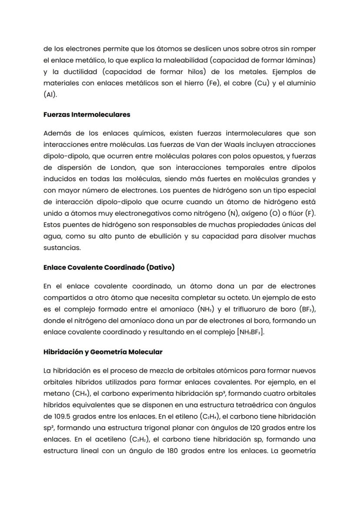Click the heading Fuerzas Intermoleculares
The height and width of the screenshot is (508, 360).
[87, 115]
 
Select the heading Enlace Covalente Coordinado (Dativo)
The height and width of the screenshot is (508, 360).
[109, 267]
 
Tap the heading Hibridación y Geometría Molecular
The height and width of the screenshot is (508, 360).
[103, 352]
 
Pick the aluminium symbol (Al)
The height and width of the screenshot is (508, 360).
[50, 94]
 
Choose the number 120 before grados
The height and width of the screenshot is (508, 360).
[253, 427]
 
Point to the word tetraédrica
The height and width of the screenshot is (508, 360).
[230, 404]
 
